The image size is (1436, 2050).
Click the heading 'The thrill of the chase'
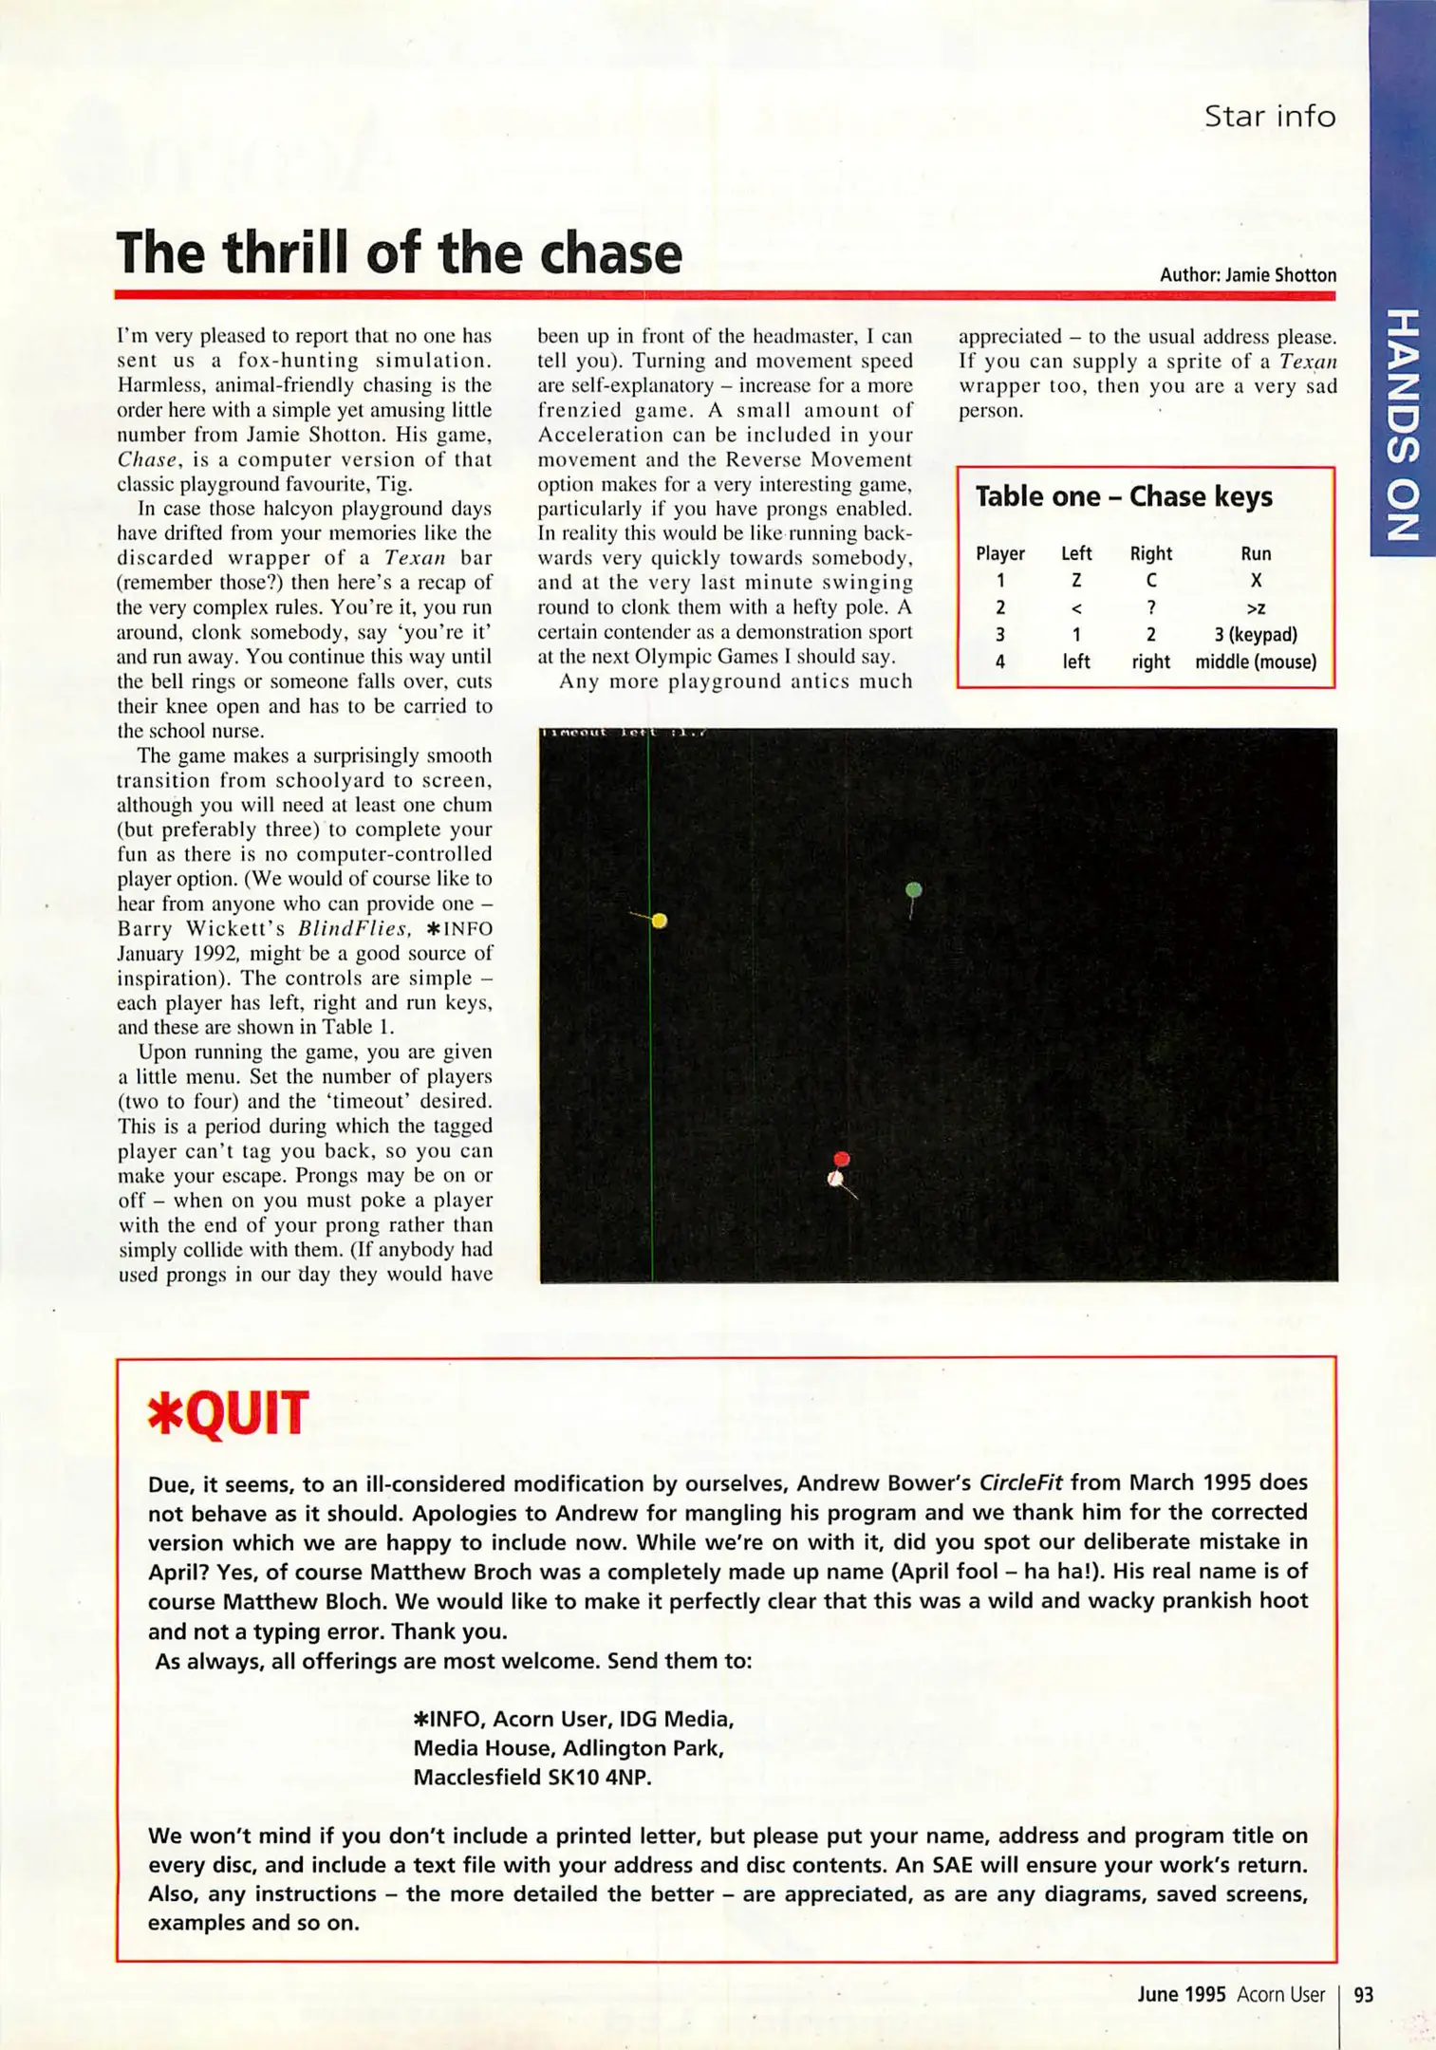tap(399, 253)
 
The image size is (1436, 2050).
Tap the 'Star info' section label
tap(1269, 117)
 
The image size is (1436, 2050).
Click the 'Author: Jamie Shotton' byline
tap(1247, 275)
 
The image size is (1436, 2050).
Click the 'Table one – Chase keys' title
tap(1123, 496)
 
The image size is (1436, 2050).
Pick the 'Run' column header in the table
tap(1255, 553)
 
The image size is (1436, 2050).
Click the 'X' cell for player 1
tap(1255, 580)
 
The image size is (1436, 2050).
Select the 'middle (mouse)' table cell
tap(1255, 662)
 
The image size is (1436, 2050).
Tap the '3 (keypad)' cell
tap(1255, 634)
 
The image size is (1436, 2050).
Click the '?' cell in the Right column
tap(1150, 607)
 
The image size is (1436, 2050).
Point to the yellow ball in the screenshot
tap(660, 921)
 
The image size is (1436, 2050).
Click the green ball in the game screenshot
tap(913, 889)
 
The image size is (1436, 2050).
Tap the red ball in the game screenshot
tap(841, 1159)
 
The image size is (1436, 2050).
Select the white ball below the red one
tap(835, 1180)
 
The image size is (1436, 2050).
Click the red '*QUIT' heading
tap(228, 1413)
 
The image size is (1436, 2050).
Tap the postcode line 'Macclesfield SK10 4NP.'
tap(532, 1778)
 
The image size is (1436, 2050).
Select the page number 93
tap(1363, 1995)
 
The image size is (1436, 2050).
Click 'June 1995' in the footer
tap(1181, 1995)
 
